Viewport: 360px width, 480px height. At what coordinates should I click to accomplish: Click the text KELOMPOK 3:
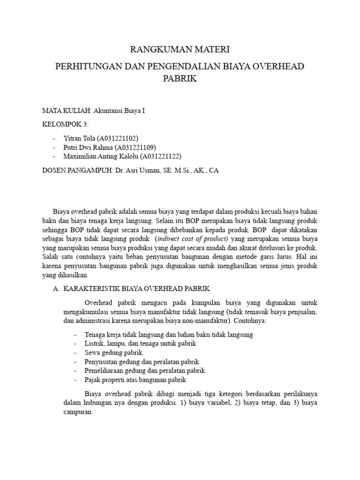pyautogui.click(x=65, y=124)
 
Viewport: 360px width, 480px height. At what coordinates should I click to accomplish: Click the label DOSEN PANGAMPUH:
pyautogui.click(x=76, y=171)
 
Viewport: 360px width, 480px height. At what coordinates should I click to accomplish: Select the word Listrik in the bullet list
pyautogui.click(x=94, y=344)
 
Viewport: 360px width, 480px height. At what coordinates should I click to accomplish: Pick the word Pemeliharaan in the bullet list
pyautogui.click(x=104, y=371)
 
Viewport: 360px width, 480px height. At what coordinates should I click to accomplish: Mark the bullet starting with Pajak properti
pyautogui.click(x=135, y=380)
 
